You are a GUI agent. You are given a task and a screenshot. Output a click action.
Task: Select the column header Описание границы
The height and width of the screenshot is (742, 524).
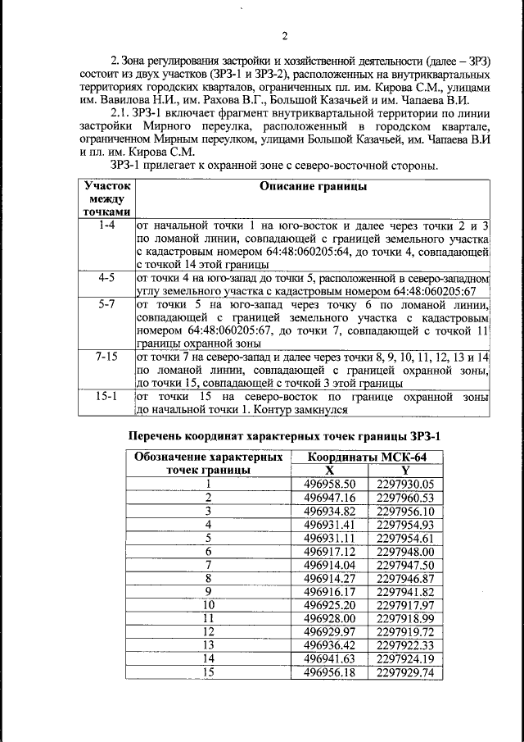[x=313, y=187]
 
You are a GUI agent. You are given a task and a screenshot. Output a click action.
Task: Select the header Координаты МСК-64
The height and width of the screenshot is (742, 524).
[x=366, y=457]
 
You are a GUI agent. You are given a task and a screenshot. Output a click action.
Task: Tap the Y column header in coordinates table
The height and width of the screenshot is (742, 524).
[x=404, y=470]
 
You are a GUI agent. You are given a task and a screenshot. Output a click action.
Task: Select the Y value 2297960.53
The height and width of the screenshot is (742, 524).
[x=404, y=497]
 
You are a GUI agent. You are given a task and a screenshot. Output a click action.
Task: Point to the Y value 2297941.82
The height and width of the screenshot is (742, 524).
[x=404, y=591]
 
